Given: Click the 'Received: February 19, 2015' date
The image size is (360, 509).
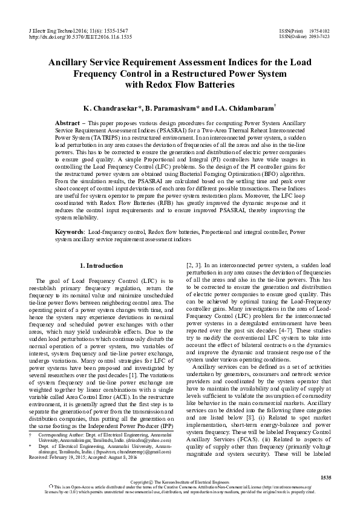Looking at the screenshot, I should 61,441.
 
